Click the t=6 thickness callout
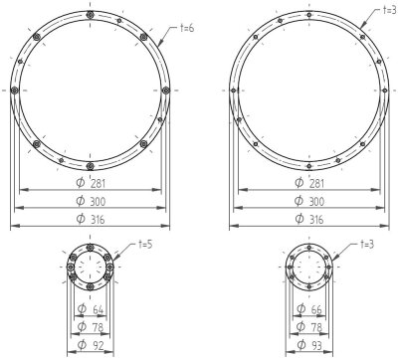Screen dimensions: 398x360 tap(187, 29)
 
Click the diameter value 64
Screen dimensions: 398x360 tap(98, 310)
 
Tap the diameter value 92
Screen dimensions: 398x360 tap(99, 346)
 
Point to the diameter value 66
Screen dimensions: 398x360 tap(316, 309)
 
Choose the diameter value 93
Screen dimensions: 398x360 tap(316, 346)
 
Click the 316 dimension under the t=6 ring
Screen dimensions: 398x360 tap(98, 220)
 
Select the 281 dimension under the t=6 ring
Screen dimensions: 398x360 tap(98, 183)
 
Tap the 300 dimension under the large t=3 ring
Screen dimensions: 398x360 tap(316, 201)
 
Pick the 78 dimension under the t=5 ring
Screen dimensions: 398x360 tap(98, 327)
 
